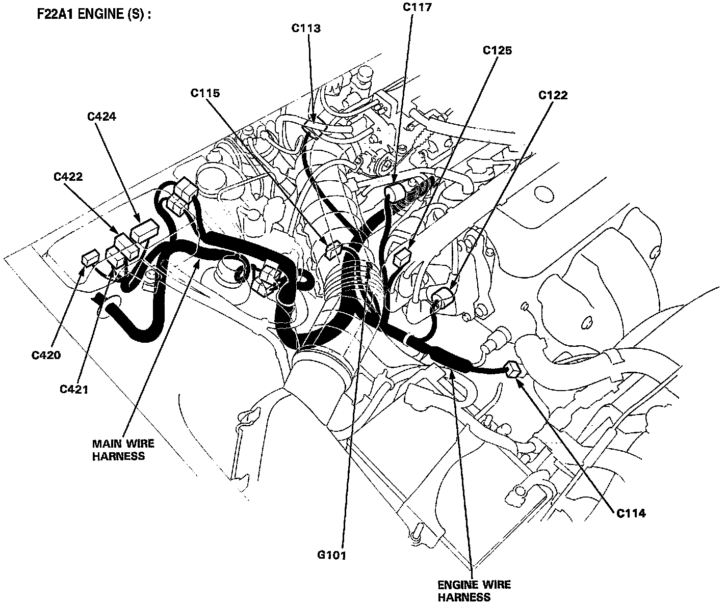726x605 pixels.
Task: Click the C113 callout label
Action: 306,28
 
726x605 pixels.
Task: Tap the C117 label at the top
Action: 417,7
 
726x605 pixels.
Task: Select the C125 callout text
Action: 497,50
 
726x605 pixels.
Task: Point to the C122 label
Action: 553,95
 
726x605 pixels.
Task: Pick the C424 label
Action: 101,117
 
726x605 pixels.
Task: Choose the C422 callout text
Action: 68,177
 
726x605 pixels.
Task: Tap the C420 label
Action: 46,355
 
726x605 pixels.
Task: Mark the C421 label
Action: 74,390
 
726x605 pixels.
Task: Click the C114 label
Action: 631,513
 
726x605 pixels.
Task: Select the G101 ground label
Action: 330,556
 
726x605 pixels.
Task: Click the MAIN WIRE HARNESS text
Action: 123,450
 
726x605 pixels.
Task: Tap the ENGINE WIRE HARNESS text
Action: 474,591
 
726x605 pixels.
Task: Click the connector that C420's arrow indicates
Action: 90,258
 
